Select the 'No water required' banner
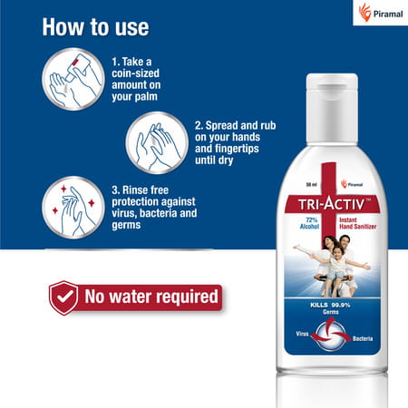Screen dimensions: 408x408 [x=150, y=296]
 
